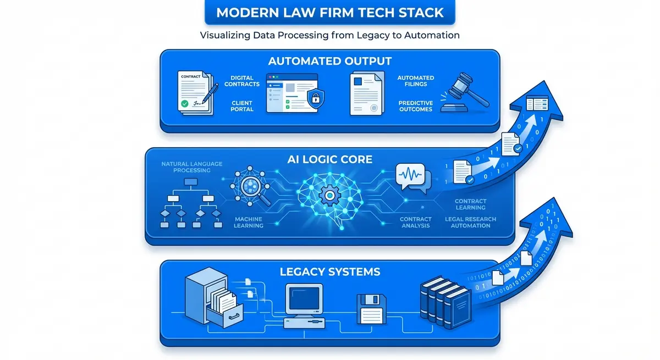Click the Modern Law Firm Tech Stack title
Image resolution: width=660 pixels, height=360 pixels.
pyautogui.click(x=330, y=12)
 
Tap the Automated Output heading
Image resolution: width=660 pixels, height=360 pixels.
pyautogui.click(x=330, y=60)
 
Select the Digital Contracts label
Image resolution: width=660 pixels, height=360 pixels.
pyautogui.click(x=242, y=81)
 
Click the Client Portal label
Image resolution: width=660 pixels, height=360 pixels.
pyautogui.click(x=242, y=106)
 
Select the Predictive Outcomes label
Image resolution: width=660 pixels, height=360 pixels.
pyautogui.click(x=415, y=106)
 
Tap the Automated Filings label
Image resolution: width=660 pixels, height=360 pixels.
pyautogui.click(x=415, y=81)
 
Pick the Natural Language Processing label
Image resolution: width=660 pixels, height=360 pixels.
pyautogui.click(x=193, y=167)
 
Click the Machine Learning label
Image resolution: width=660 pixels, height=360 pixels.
pyautogui.click(x=249, y=223)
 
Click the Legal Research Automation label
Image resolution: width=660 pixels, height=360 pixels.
pyautogui.click(x=470, y=223)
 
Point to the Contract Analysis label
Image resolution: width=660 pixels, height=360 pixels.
pyautogui.click(x=416, y=223)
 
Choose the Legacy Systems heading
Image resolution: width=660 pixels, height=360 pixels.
pyautogui.click(x=330, y=272)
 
